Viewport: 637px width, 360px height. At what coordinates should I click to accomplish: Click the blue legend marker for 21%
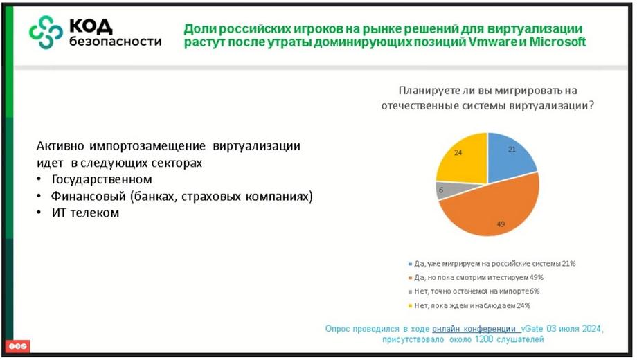[410, 264]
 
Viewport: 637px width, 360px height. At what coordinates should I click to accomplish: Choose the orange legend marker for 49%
[410, 278]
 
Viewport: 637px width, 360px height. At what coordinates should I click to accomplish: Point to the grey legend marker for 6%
[410, 291]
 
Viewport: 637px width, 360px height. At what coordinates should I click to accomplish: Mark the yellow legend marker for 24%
[410, 305]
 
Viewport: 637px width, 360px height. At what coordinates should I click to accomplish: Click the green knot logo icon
[46, 32]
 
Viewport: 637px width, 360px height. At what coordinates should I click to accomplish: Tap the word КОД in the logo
[91, 26]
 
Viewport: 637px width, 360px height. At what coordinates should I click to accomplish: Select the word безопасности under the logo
[116, 41]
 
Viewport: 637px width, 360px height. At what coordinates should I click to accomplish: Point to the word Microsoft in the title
[557, 42]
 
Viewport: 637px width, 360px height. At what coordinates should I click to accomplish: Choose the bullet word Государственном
[102, 179]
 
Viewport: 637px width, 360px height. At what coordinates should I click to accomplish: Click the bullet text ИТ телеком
[85, 213]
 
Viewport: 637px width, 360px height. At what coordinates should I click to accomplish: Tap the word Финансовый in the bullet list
[88, 196]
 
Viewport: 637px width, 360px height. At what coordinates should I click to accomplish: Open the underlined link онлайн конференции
[474, 328]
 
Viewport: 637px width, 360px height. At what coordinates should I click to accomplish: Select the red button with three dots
[18, 346]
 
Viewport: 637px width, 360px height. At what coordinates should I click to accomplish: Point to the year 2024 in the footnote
[592, 328]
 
